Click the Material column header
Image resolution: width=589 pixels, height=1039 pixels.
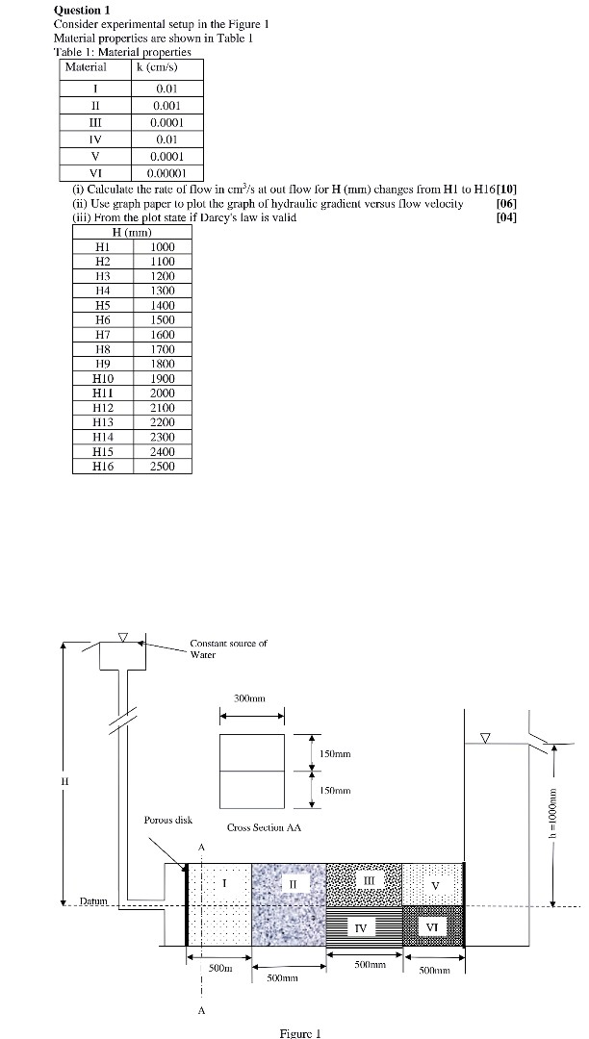(x=86, y=67)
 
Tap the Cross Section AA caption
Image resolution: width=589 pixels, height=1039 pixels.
(x=265, y=826)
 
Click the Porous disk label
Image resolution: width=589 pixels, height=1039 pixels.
(x=168, y=821)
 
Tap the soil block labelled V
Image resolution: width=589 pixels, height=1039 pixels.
(x=435, y=884)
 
